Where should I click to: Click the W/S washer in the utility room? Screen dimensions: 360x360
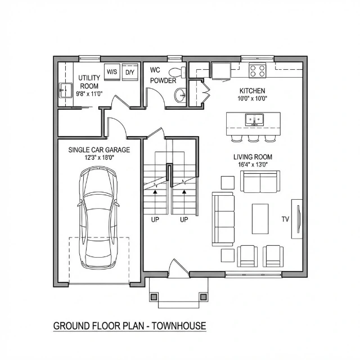point(112,72)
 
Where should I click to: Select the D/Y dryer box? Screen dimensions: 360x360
point(130,72)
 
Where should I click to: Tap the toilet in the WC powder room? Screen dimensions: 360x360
point(177,73)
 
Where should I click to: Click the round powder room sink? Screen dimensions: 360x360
point(181,95)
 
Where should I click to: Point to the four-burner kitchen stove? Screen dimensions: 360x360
point(258,71)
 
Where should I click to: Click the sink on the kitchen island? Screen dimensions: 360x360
point(254,119)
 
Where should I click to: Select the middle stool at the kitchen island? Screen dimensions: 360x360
point(254,138)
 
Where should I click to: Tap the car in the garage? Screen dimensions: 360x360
point(98,218)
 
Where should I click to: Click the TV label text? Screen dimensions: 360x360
point(285,219)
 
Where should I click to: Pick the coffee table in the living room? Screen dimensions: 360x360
point(260,219)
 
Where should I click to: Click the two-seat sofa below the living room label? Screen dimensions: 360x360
point(260,182)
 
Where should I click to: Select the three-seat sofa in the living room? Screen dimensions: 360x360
point(223,219)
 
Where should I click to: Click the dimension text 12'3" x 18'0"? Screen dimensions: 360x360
point(100,157)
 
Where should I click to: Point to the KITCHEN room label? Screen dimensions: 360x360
point(253,91)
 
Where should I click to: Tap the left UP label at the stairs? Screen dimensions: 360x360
point(155,220)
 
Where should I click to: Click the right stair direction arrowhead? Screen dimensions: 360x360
point(184,191)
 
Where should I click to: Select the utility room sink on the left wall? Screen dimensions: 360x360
point(66,90)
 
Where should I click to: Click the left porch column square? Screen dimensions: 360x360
point(154,297)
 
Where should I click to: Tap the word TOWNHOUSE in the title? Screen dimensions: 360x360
point(179,326)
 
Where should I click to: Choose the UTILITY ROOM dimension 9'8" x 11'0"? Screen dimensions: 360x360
point(89,94)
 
